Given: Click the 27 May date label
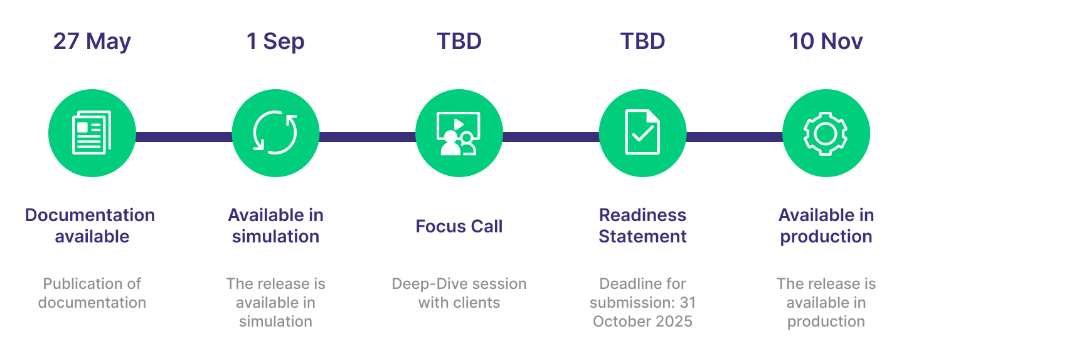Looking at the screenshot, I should pos(92,41).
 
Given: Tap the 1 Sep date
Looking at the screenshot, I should pos(275,41).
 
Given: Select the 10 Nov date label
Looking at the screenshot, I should pos(826,41).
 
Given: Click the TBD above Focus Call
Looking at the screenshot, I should pos(459,41).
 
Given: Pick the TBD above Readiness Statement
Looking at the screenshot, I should pos(642,41).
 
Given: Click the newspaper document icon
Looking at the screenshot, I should pos(92,133).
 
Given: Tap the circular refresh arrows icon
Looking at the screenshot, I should pos(275,133).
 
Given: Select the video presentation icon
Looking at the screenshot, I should pos(459,133).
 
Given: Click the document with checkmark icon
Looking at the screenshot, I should pos(642,133).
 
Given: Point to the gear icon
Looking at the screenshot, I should pos(826,133).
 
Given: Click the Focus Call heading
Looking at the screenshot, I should pos(459,226).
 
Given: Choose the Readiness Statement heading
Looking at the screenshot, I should pos(642,225).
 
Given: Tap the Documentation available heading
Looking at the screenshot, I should pos(90,225).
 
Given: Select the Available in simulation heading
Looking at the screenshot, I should pos(275,225).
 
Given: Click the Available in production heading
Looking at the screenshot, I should pos(826,225).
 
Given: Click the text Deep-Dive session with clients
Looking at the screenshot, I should pos(459,293).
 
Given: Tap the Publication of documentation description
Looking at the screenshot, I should pos(92,293).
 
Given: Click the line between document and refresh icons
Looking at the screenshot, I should pos(184,136).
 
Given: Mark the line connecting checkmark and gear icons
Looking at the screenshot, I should pos(734,136).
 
